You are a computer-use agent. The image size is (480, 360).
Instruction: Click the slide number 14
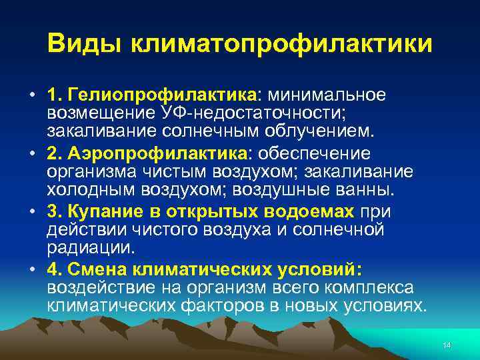[x=447, y=344]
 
